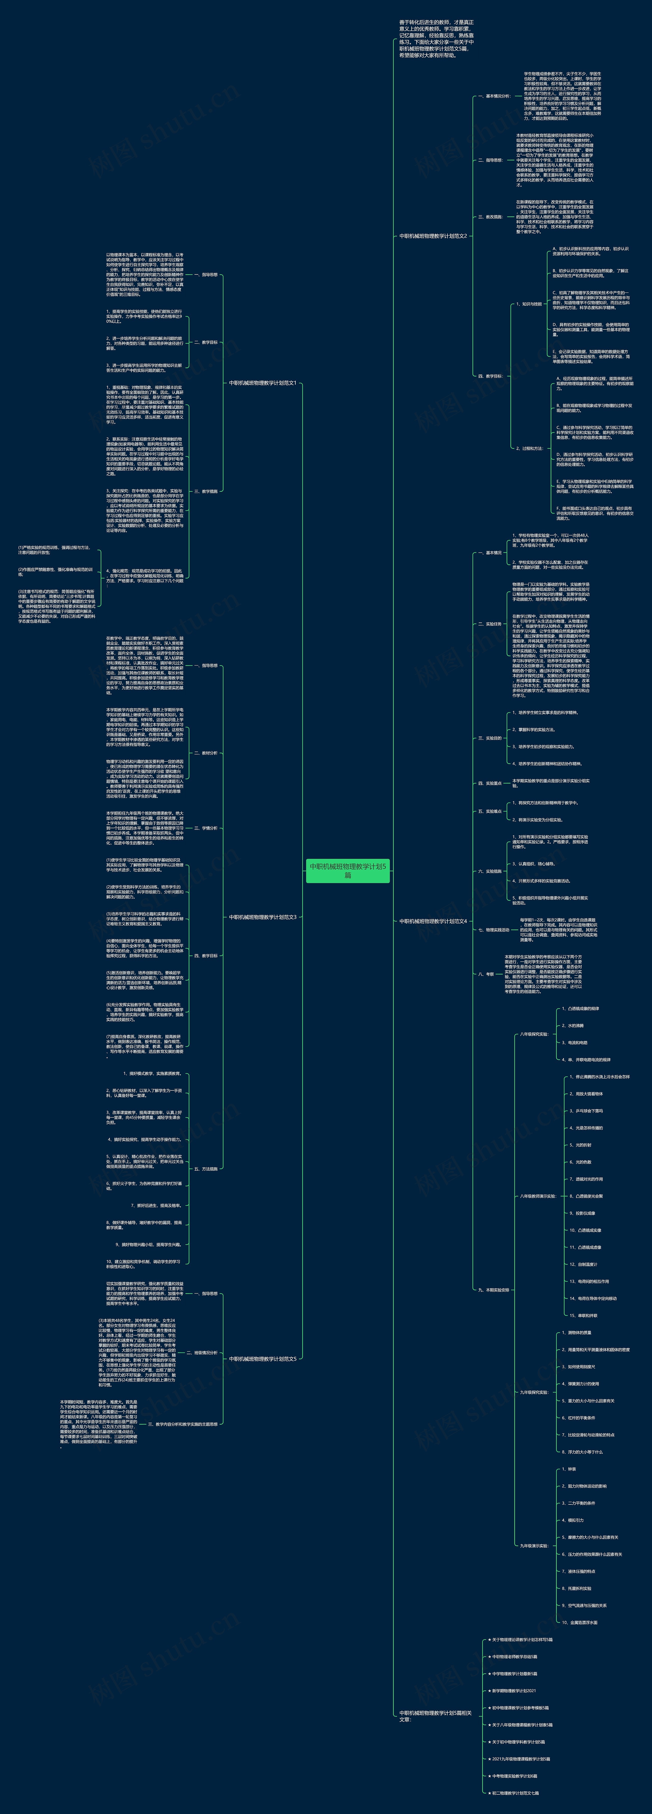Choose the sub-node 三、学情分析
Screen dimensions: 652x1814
coord(206,828)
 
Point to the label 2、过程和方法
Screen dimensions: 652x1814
coord(529,448)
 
